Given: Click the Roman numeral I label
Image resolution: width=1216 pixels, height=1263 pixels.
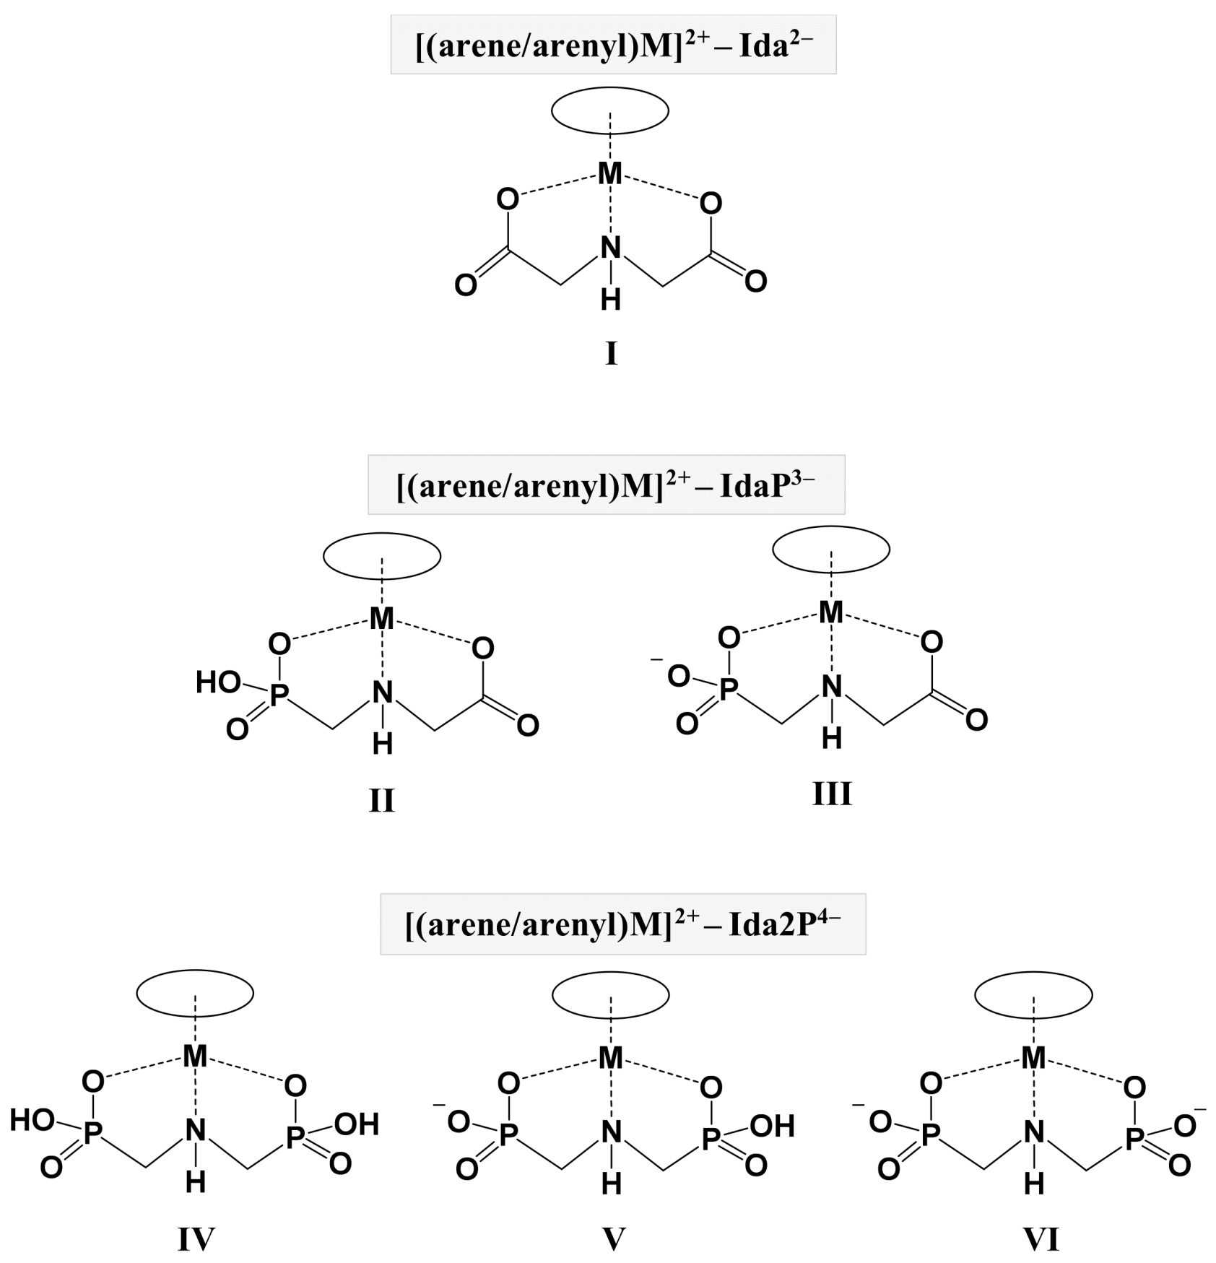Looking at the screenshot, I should click(x=611, y=355).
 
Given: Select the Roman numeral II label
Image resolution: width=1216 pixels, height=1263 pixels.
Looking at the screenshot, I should click(x=381, y=800).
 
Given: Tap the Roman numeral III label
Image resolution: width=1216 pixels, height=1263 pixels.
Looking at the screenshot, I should click(x=832, y=794).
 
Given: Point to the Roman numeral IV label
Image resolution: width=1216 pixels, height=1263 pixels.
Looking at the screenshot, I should click(x=196, y=1240).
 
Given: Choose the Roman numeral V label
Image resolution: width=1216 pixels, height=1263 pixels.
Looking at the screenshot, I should click(x=613, y=1240).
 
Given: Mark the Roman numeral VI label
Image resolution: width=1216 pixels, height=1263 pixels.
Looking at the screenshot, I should click(x=1041, y=1240).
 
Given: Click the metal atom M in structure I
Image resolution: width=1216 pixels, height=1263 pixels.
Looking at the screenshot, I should click(x=610, y=173).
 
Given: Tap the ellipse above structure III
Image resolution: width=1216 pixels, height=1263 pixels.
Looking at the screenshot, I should click(x=831, y=550).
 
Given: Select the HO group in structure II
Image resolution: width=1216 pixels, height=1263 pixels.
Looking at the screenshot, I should click(x=217, y=682).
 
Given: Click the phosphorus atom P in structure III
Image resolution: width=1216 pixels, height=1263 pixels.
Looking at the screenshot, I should click(x=729, y=690).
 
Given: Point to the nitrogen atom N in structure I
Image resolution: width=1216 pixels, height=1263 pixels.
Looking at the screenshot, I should click(x=611, y=248).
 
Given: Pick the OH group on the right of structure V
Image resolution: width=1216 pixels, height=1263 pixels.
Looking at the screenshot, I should click(x=772, y=1126).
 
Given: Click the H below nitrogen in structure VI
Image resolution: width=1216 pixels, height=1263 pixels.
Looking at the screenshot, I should click(x=1034, y=1183).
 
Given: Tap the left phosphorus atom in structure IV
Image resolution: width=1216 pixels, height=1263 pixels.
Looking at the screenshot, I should click(x=92, y=1134).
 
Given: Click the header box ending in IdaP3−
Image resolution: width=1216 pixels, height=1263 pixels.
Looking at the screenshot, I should click(x=606, y=485).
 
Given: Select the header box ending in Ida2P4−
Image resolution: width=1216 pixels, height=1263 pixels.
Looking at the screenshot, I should click(x=622, y=924).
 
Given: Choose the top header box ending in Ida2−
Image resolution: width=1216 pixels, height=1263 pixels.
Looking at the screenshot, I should click(x=613, y=44).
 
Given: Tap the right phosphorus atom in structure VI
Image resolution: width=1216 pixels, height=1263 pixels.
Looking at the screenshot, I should click(x=1134, y=1140).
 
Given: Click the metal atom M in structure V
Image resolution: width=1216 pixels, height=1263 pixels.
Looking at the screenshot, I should click(x=611, y=1058).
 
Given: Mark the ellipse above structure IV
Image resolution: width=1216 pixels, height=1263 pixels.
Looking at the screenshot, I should click(x=195, y=994).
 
